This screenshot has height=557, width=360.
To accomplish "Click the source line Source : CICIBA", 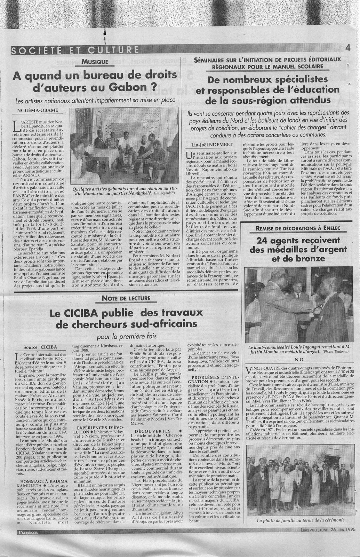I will [x=38, y=347].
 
